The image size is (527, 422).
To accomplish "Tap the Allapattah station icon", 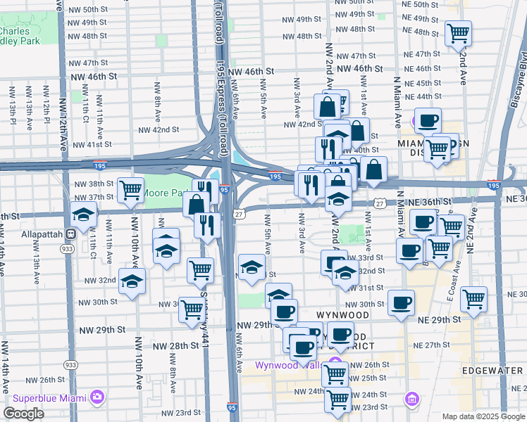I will [70, 234].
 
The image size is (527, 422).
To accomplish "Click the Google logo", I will [23, 413].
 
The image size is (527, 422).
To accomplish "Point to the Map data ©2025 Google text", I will [483, 416].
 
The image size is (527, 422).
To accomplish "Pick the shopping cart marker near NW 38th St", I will [131, 188].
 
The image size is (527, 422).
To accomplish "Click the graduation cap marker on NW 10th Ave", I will [132, 281].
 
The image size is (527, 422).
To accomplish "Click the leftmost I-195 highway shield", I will [99, 165].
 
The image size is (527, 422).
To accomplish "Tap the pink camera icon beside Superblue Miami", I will [97, 397].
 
